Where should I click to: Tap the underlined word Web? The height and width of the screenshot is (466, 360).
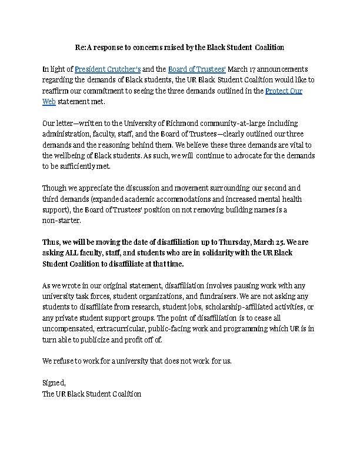[49, 101]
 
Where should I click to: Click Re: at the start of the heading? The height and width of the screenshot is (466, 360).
[83, 46]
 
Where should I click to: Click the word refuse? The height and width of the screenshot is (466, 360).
[65, 360]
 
